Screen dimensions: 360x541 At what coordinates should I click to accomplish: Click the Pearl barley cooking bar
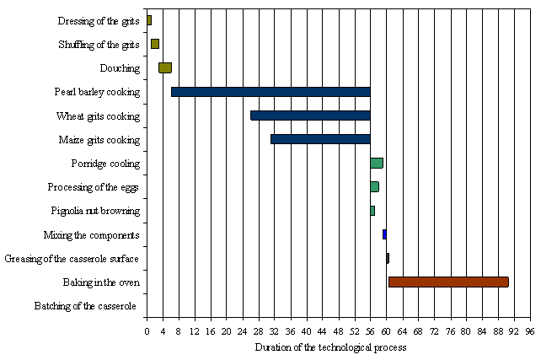coord(270,92)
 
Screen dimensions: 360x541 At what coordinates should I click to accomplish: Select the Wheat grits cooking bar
coord(310,116)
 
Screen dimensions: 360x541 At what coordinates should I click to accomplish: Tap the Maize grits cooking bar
coord(320,139)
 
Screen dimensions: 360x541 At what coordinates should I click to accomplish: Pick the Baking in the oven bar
coord(448,282)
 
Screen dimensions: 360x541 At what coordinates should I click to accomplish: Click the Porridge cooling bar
coord(377,163)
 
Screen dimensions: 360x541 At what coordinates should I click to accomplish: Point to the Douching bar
coord(165,68)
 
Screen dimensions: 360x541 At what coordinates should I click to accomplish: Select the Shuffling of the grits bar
coord(155,44)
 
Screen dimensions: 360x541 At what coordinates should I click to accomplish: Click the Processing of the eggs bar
coord(374,186)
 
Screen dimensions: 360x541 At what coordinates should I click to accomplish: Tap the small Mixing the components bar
coord(384,234)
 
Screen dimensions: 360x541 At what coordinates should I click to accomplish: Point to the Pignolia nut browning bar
coord(372,210)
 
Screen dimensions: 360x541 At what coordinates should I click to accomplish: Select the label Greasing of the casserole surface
coord(72,259)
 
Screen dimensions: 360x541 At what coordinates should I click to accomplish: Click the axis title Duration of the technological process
coord(330,347)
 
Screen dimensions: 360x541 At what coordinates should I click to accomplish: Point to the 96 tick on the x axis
coord(529,331)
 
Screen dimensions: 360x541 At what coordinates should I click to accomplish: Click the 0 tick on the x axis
coord(147,331)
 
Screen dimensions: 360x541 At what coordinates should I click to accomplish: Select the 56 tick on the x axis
coord(370,331)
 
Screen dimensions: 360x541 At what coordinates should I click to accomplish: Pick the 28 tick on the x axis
coord(258,331)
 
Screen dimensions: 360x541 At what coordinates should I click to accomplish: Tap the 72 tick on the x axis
coord(434,331)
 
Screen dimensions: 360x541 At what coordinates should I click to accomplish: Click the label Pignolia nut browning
coord(95,211)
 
